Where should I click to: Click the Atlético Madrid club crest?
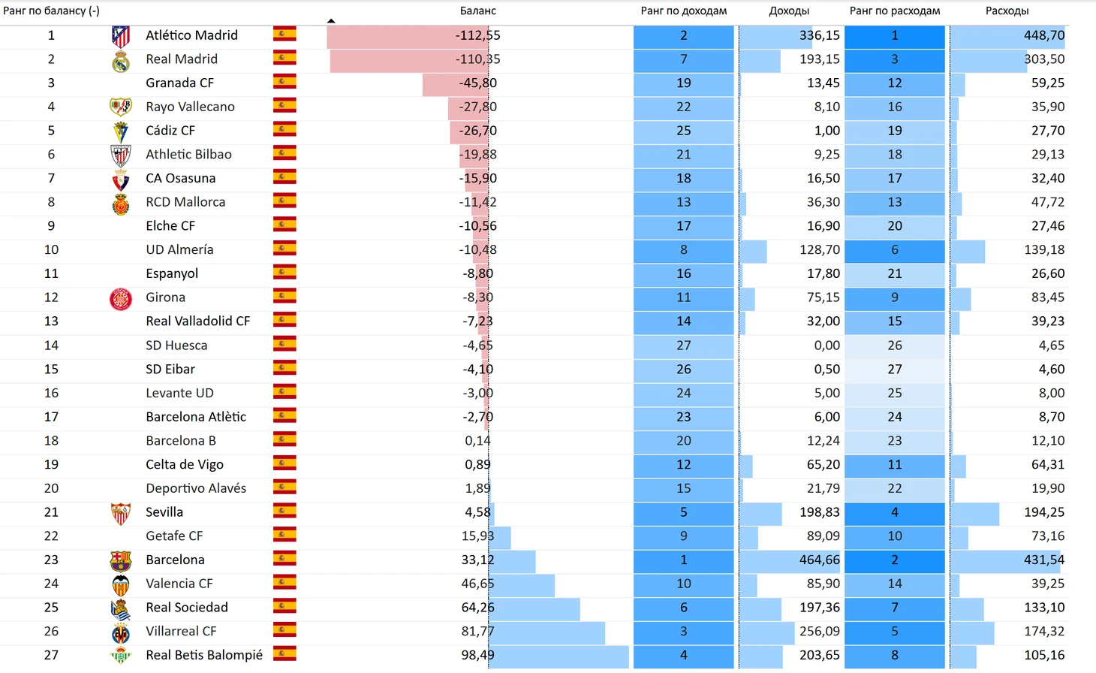120,36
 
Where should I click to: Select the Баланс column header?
477,11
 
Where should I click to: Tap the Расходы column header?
1007,11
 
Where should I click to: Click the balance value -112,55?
477,35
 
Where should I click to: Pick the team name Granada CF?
179,83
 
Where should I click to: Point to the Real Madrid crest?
120,60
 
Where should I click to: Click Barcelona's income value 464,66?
819,560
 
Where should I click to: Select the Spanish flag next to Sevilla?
285,512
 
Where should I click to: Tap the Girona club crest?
120,298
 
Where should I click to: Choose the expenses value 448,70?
1043,35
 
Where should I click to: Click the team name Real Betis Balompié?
204,655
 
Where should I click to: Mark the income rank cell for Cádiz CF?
683,131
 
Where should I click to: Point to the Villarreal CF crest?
120,632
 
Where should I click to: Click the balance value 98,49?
477,655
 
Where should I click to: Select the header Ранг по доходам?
683,11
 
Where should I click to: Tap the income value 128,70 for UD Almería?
819,249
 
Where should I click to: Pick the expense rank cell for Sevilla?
894,512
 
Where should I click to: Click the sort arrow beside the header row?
331,21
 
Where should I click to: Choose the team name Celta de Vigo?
185,464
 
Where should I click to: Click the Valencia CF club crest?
120,584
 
